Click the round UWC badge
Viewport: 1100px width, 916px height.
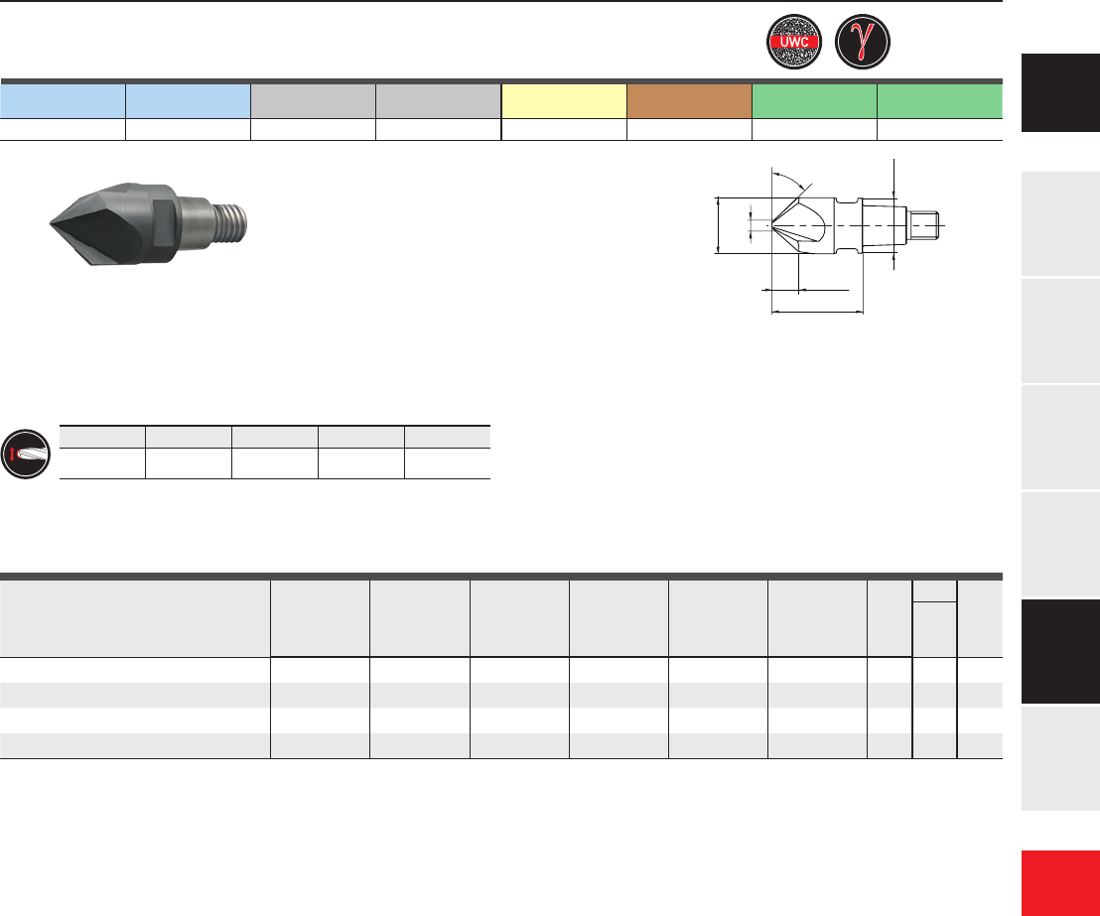click(x=794, y=42)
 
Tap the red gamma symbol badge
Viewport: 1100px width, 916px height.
click(x=863, y=42)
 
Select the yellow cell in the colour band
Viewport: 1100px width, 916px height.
click(x=564, y=101)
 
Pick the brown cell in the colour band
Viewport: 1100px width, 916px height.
click(x=690, y=101)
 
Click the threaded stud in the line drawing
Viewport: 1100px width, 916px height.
click(x=924, y=225)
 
